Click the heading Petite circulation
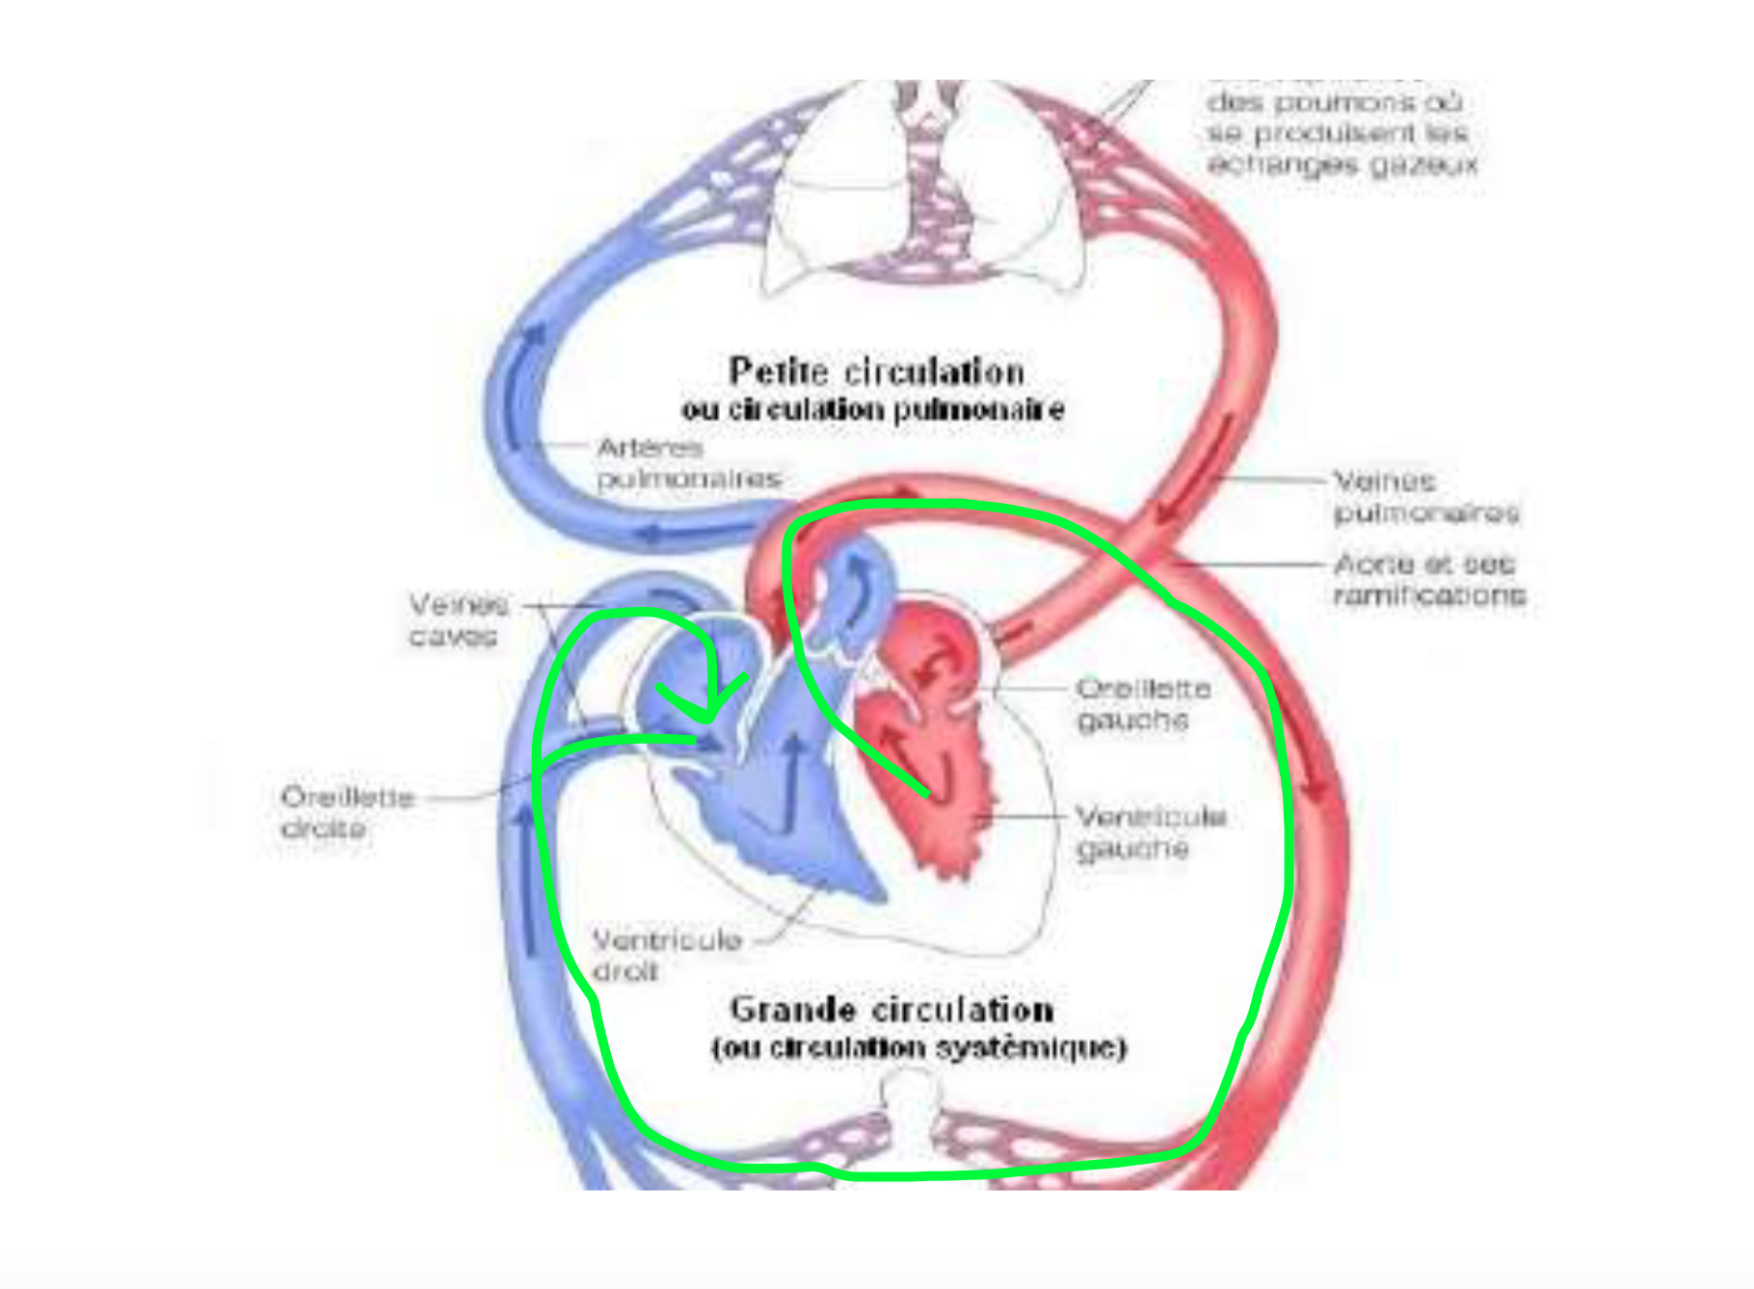(x=875, y=372)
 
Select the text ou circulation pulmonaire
(x=873, y=410)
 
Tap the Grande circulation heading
(x=891, y=1010)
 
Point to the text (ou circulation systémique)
(x=918, y=1047)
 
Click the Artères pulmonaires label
(x=687, y=463)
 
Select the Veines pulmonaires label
(x=1425, y=496)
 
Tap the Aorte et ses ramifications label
(x=1429, y=579)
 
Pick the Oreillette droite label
(x=347, y=813)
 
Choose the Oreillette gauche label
(x=1143, y=704)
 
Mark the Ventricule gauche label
(x=1150, y=832)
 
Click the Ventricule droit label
(x=666, y=955)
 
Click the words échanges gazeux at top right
(x=1342, y=165)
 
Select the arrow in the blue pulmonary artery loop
(x=525, y=376)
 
